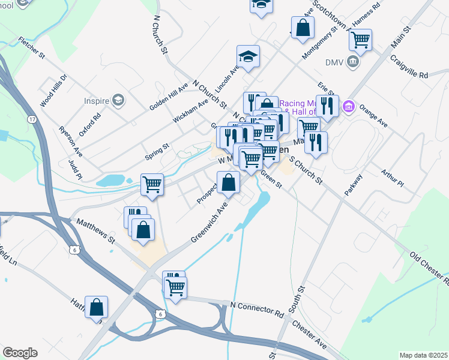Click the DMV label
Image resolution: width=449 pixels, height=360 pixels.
pos(333,62)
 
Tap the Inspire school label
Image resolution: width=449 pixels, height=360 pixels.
pos(96,100)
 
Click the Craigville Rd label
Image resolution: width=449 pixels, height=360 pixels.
pos(408,67)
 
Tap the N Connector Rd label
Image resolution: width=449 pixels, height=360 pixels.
pos(256,308)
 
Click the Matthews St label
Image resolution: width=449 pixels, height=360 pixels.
pos(95,230)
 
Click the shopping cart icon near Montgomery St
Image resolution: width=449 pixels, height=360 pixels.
pos(360,40)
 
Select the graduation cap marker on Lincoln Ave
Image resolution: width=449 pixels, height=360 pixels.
pos(248,56)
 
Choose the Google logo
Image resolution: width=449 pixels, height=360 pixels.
pos(20,353)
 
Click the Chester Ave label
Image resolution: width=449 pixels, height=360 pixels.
pos(310,335)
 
